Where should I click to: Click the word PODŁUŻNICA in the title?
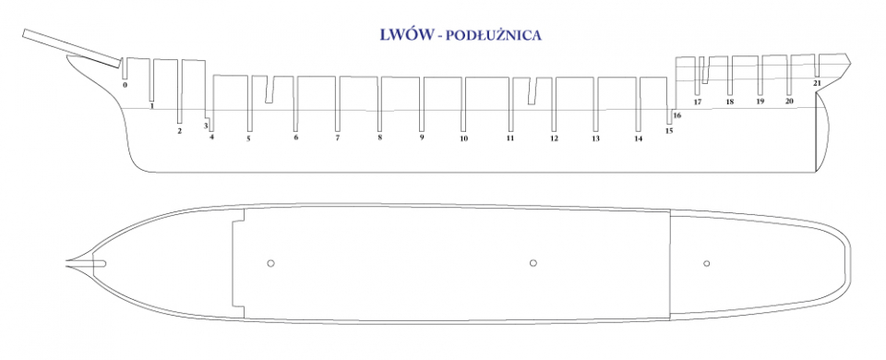click(494, 36)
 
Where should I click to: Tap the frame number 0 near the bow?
click(125, 85)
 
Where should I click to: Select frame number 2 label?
click(180, 131)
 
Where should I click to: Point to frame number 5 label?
click(248, 138)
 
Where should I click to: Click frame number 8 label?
click(379, 138)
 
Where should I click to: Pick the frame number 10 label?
click(463, 138)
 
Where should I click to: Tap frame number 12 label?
click(554, 138)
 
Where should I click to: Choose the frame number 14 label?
click(638, 138)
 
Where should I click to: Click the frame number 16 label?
click(676, 116)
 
